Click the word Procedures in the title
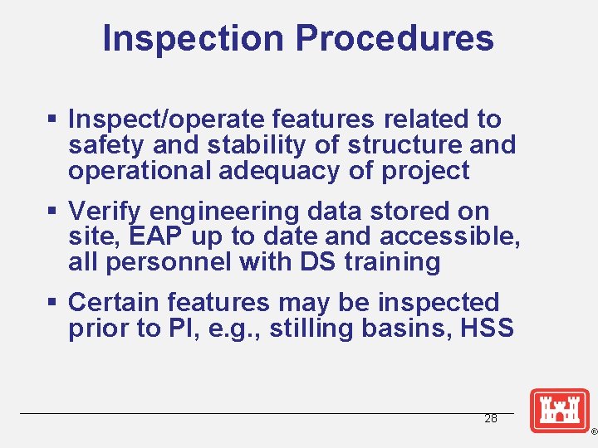[394, 38]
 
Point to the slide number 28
[491, 419]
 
